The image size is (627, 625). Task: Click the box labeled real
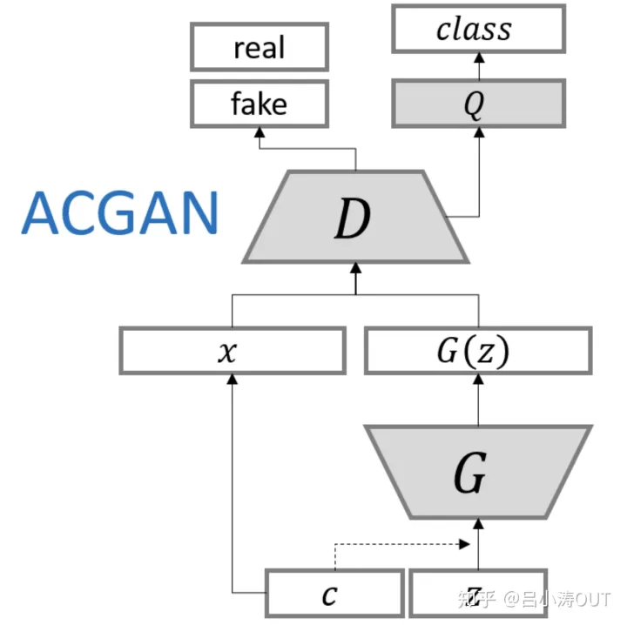click(260, 47)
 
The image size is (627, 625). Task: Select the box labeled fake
click(260, 104)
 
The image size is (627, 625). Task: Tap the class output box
click(476, 30)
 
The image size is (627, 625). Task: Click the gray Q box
click(476, 104)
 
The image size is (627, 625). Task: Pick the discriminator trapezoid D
click(355, 217)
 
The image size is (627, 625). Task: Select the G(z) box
click(478, 352)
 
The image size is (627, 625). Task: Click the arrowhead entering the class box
click(477, 57)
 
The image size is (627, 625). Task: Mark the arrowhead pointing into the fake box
click(260, 131)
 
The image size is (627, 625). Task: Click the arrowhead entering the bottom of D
click(355, 266)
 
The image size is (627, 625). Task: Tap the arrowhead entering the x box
click(232, 380)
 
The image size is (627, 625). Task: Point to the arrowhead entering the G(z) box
click(478, 380)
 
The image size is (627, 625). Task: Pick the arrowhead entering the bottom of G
click(478, 523)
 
